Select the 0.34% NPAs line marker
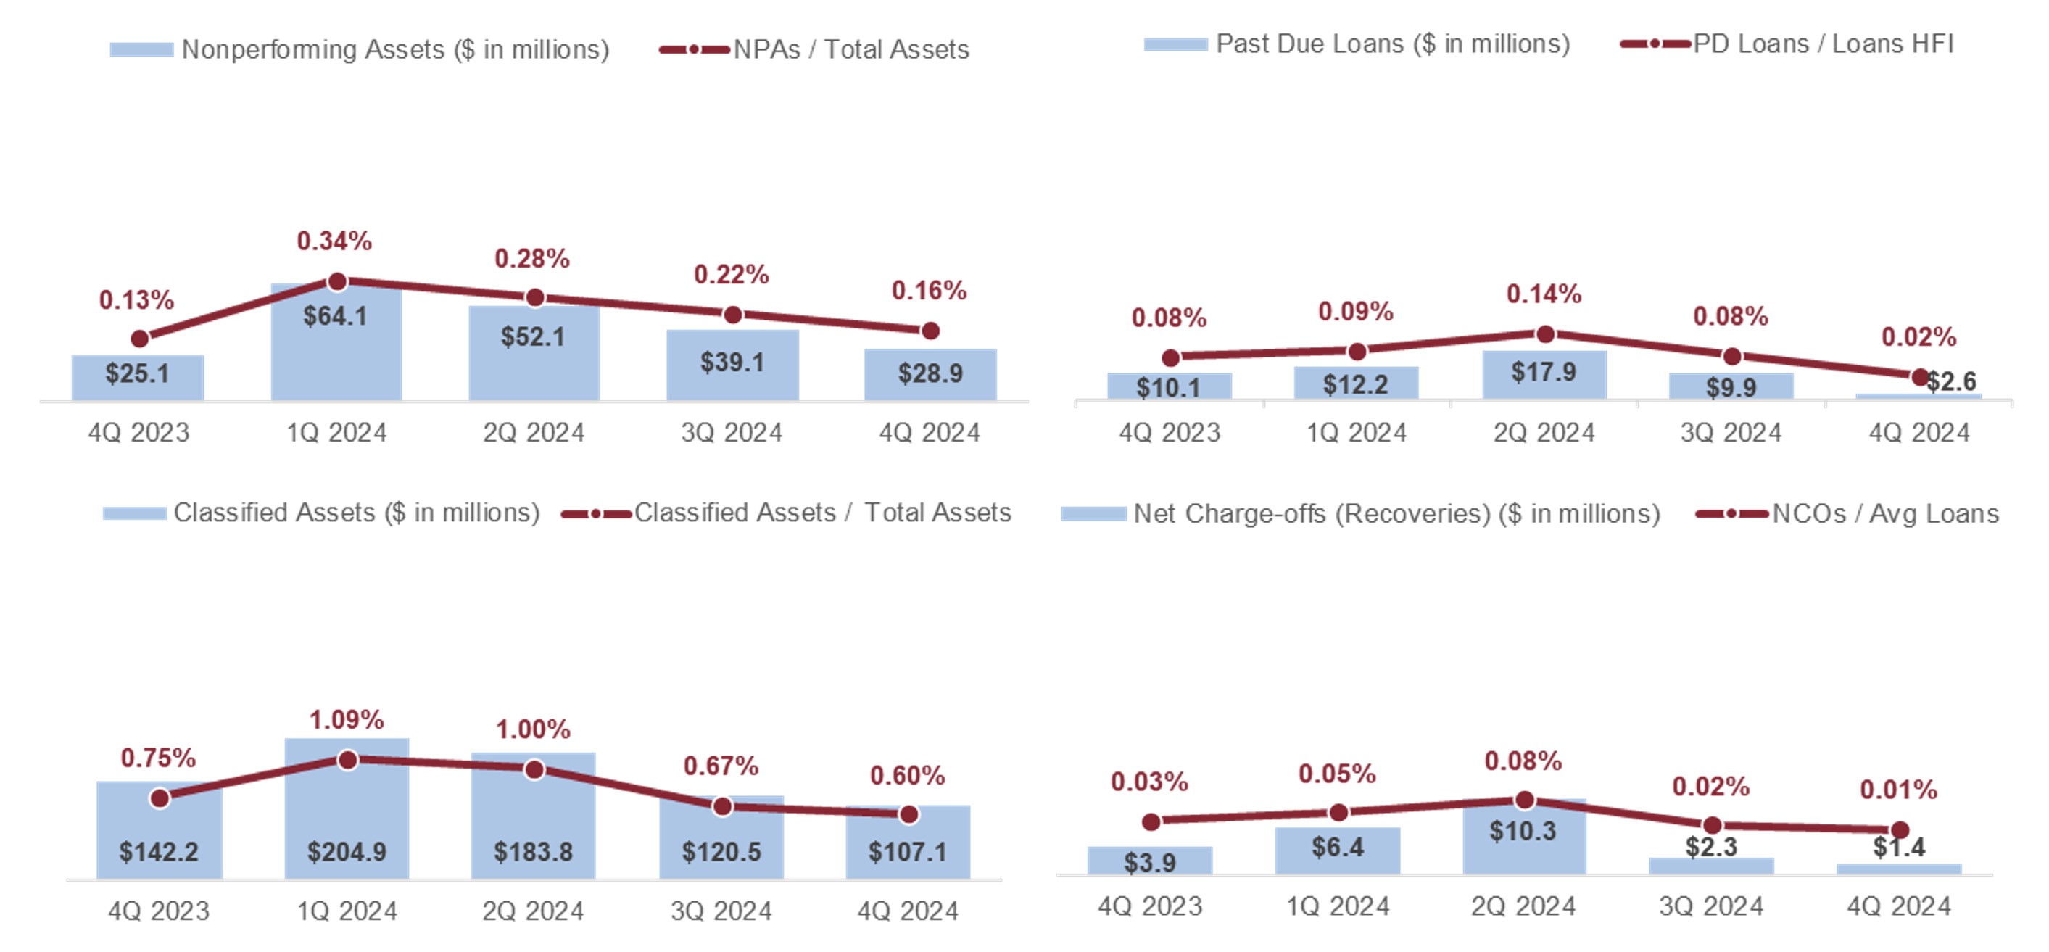(337, 281)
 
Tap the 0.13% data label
(136, 300)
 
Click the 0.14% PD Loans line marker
(1544, 334)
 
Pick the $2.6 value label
(1951, 382)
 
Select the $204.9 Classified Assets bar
(347, 819)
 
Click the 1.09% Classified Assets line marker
(347, 761)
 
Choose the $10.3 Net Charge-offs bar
(1524, 839)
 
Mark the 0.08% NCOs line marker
(1524, 800)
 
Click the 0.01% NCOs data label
(1898, 790)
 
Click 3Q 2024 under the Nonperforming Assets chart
(732, 433)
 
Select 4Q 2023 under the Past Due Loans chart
(1170, 433)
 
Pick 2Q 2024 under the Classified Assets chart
(533, 911)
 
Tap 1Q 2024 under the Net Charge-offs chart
(1338, 906)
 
